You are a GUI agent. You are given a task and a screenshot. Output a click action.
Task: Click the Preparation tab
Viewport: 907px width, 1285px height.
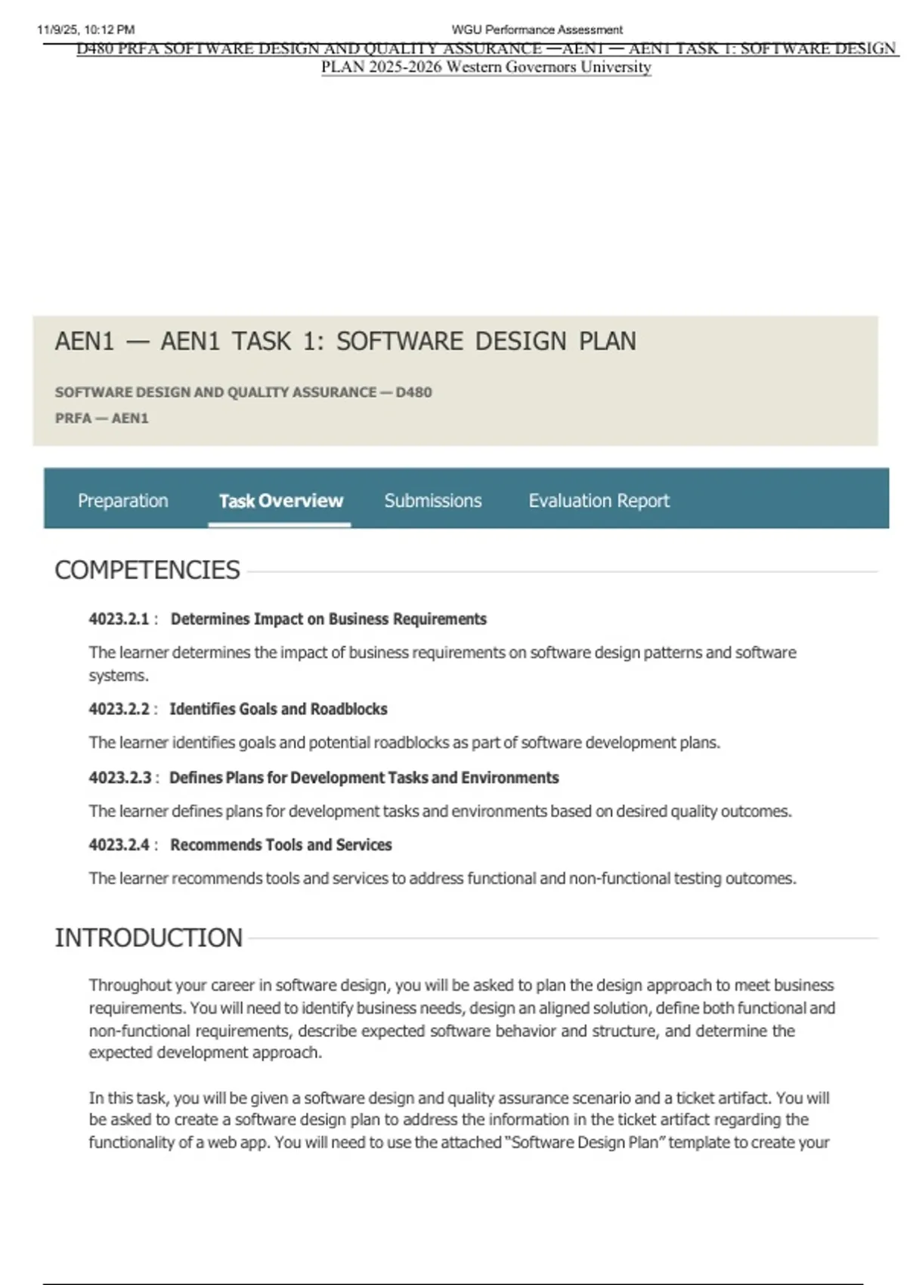[x=122, y=500]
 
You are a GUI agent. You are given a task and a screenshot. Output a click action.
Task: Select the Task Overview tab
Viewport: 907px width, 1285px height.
[x=280, y=500]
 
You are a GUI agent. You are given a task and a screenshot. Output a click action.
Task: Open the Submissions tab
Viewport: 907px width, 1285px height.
[x=432, y=500]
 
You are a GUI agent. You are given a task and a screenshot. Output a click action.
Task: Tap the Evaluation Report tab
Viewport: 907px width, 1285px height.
[x=599, y=500]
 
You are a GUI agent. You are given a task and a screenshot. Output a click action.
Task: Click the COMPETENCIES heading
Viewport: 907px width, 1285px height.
[x=147, y=570]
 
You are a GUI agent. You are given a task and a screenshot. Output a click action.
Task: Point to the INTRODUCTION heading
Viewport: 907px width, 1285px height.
[x=149, y=938]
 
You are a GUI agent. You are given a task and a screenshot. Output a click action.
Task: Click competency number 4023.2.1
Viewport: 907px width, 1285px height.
[x=119, y=619]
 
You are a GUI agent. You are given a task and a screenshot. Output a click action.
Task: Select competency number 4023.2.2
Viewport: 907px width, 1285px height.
[x=119, y=709]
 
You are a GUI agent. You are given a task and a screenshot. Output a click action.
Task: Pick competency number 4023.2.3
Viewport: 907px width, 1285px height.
[x=119, y=778]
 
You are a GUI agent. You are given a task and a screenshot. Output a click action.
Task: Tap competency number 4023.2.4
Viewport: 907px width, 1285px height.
[x=119, y=845]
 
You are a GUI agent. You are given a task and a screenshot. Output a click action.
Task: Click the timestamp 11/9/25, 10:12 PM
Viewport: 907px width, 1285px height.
[x=85, y=30]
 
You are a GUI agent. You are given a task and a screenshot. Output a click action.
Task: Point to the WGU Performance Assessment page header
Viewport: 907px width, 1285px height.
[x=537, y=30]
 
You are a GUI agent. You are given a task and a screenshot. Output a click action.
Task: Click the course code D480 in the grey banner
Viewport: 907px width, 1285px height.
[x=413, y=392]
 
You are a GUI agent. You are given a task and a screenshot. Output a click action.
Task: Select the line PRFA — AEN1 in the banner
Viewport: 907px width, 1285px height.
[x=101, y=418]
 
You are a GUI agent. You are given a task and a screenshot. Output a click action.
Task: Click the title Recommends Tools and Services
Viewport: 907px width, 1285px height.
[x=280, y=845]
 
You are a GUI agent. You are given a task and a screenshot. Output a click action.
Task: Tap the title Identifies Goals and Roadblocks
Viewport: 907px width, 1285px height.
[x=278, y=709]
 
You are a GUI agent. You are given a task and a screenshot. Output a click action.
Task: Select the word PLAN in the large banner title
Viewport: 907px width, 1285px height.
[x=607, y=342]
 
